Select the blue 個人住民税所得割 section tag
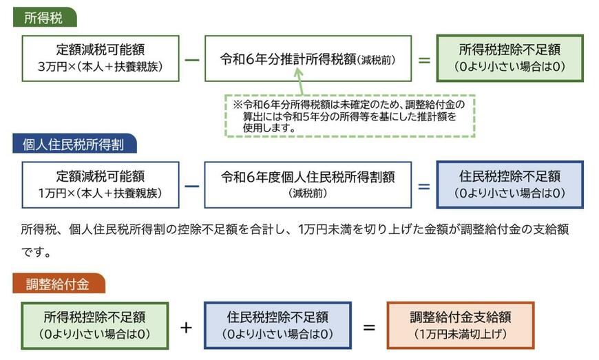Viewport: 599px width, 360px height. tap(74, 144)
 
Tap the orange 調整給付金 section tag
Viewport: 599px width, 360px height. tap(59, 284)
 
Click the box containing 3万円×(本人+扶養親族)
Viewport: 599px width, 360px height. tap(101, 59)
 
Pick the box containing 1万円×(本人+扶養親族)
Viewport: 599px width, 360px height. tap(101, 184)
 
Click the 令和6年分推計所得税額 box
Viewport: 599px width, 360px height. tap(308, 59)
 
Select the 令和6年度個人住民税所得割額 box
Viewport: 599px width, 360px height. tap(308, 184)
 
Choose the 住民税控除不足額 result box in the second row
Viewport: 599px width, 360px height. tap(509, 184)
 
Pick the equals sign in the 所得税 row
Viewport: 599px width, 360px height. tap(424, 59)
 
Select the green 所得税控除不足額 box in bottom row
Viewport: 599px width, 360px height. tap(94, 325)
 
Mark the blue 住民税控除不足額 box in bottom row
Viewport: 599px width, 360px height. tap(277, 325)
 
